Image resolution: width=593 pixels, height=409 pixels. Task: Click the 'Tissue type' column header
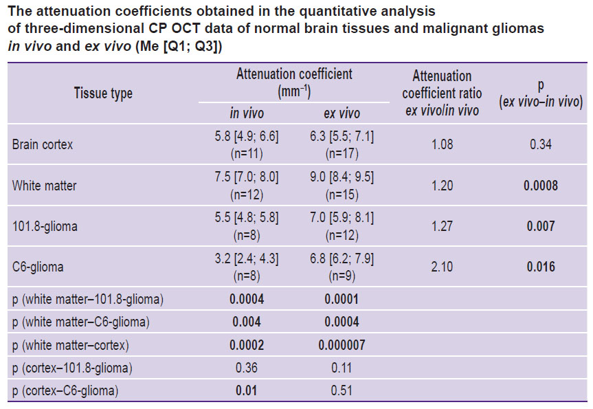click(x=103, y=93)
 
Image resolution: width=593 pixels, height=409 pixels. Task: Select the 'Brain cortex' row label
click(x=43, y=144)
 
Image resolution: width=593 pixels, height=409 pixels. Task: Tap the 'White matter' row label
click(x=44, y=186)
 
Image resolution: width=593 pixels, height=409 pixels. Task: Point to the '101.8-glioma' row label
click(x=45, y=226)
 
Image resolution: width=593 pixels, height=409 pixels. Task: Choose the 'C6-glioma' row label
click(x=38, y=267)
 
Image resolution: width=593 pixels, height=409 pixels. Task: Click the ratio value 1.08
click(x=442, y=144)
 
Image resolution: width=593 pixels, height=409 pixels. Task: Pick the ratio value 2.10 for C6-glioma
click(x=442, y=267)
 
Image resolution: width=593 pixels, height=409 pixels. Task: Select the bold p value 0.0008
click(x=540, y=186)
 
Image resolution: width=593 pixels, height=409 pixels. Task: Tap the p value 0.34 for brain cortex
click(x=540, y=144)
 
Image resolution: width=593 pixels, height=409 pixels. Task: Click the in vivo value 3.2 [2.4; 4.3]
click(x=247, y=258)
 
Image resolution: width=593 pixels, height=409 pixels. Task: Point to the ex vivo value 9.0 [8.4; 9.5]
click(x=342, y=177)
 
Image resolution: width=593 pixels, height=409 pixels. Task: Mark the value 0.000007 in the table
click(x=342, y=345)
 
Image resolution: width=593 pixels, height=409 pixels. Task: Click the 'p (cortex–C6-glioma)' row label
click(x=65, y=390)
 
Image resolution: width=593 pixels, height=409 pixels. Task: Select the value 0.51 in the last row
click(x=342, y=390)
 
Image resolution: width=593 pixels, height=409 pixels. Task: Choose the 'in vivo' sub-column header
click(x=247, y=113)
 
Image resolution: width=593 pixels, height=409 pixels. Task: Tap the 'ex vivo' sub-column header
click(x=342, y=113)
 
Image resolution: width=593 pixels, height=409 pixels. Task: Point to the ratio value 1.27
click(x=442, y=226)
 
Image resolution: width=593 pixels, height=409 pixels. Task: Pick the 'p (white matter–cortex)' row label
click(x=70, y=345)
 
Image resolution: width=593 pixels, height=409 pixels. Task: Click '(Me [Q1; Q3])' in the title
click(x=179, y=46)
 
